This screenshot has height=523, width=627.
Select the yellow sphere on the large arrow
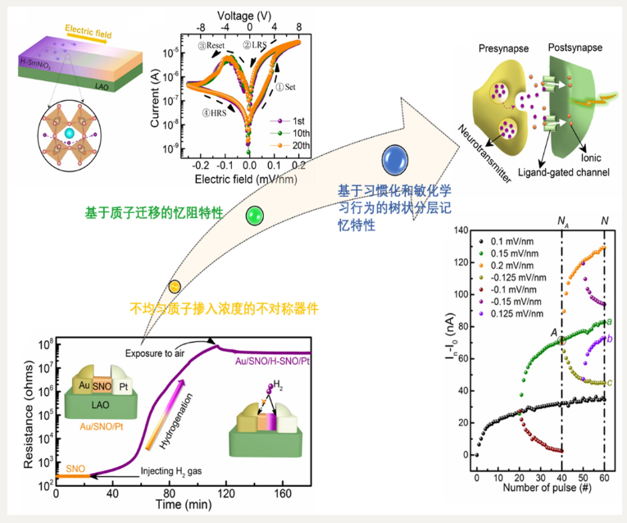[x=175, y=286]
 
